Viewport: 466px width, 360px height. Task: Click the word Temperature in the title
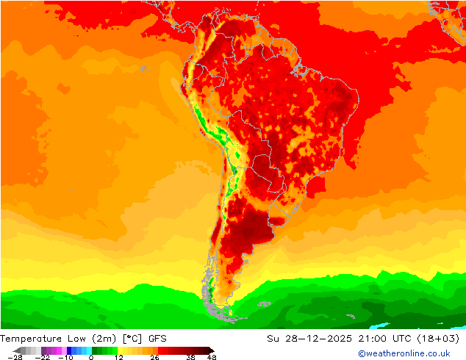point(31,339)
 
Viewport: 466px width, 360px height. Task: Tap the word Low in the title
point(77,339)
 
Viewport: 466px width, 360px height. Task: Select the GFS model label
point(157,339)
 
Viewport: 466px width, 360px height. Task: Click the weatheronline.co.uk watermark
point(404,353)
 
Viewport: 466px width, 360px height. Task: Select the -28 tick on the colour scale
point(15,357)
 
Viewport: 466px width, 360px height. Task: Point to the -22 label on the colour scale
point(42,357)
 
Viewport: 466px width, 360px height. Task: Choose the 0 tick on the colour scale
point(91,357)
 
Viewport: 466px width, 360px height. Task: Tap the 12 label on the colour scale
point(119,357)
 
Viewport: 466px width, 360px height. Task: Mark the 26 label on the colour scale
point(154,357)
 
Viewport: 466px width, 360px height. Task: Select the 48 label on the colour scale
point(212,357)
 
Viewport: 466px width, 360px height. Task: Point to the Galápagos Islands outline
point(145,68)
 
